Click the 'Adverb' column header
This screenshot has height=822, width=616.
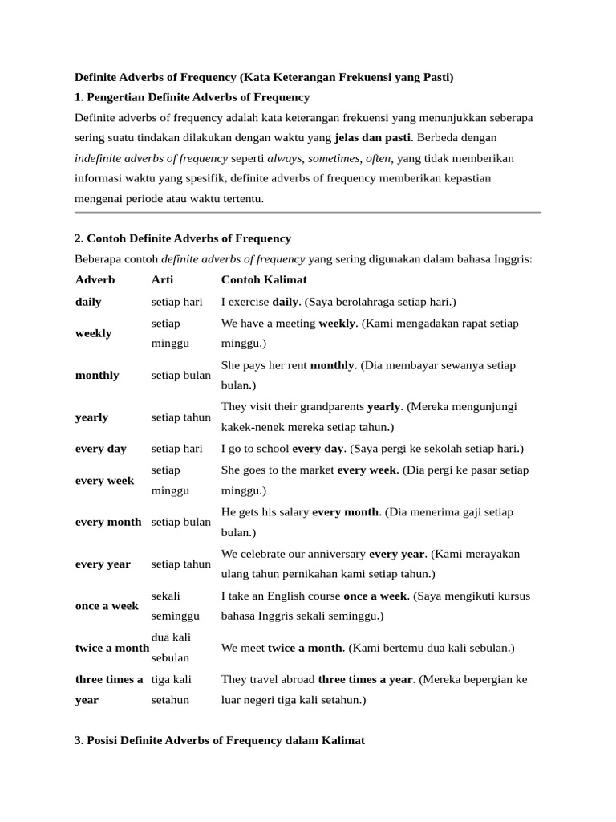pyautogui.click(x=95, y=280)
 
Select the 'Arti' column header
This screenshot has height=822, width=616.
pyautogui.click(x=162, y=280)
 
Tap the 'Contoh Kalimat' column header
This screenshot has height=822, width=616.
pyautogui.click(x=264, y=280)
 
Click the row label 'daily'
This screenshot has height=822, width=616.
pyautogui.click(x=88, y=302)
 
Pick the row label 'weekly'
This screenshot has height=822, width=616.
pyautogui.click(x=93, y=333)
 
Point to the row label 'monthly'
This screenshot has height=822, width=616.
pyautogui.click(x=97, y=375)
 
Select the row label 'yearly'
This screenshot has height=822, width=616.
pyautogui.click(x=91, y=417)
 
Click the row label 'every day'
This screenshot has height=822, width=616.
pyautogui.click(x=100, y=449)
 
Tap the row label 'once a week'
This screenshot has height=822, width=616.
pyautogui.click(x=107, y=606)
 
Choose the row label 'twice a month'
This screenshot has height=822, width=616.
pyautogui.click(x=111, y=648)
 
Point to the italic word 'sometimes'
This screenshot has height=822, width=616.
pyautogui.click(x=332, y=158)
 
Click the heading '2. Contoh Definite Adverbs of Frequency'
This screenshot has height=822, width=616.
pyautogui.click(x=183, y=238)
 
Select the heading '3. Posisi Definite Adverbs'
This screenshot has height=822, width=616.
pyautogui.click(x=219, y=741)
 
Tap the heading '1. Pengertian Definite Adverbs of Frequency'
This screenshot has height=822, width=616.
pyautogui.click(x=192, y=97)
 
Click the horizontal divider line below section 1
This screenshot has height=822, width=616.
pyautogui.click(x=307, y=213)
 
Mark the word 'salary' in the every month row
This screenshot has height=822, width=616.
pyautogui.click(x=292, y=512)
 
